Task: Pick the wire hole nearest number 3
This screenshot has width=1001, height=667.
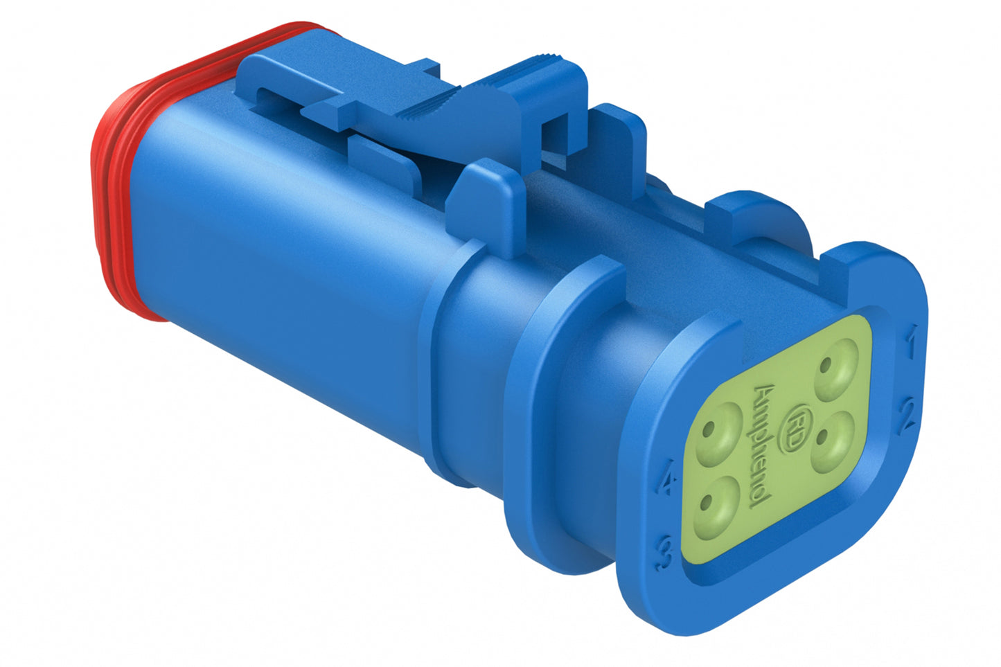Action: pos(714,508)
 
